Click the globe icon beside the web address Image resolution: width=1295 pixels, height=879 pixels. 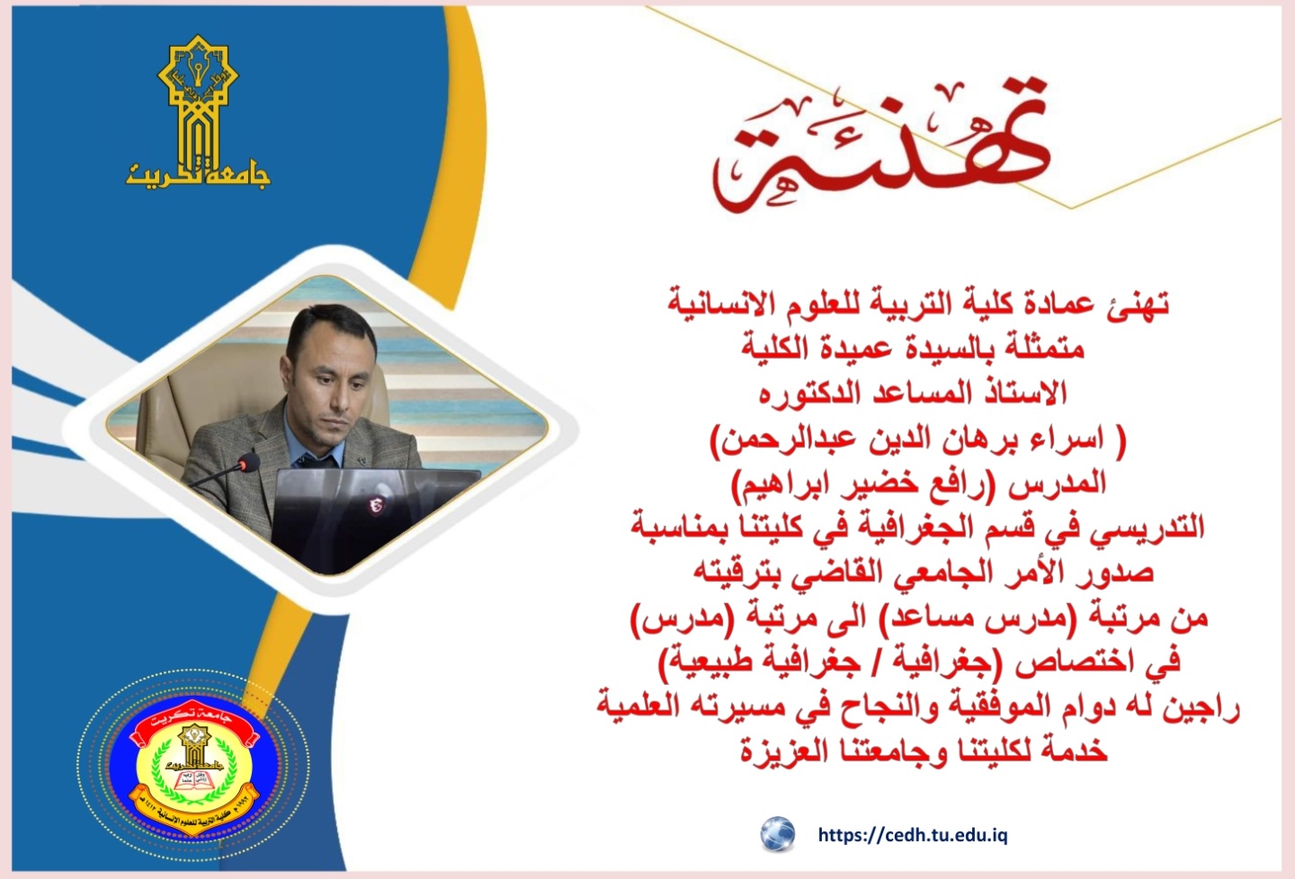(777, 834)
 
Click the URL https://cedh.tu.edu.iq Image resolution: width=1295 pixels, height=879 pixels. (913, 836)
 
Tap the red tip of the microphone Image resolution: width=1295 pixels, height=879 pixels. (249, 462)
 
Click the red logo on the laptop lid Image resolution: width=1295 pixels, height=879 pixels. (376, 506)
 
